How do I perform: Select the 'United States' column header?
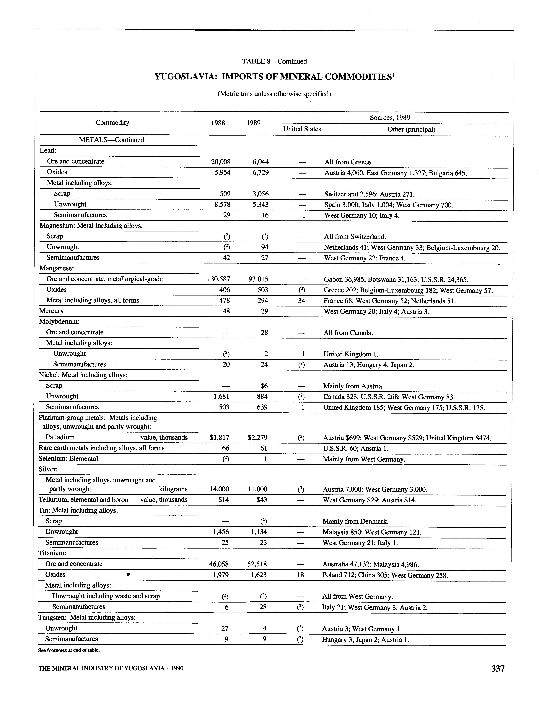click(302, 129)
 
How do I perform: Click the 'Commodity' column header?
click(112, 122)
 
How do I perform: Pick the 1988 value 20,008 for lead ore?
click(221, 162)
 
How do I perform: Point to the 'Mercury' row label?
click(51, 311)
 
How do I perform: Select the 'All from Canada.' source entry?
click(348, 333)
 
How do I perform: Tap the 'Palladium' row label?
click(60, 437)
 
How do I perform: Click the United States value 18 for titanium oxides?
click(300, 575)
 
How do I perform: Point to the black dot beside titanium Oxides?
click(128, 575)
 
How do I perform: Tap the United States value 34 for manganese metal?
click(301, 300)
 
